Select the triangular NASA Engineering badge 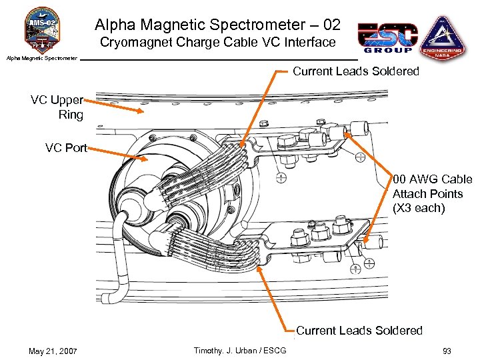point(441,37)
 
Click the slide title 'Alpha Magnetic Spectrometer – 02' point(217,25)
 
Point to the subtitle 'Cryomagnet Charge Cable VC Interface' point(217,43)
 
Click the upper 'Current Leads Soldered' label point(356,71)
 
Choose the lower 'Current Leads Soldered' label point(359,330)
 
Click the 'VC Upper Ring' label point(57,107)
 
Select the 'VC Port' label point(66,147)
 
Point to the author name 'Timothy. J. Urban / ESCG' point(239,351)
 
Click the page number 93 point(446,351)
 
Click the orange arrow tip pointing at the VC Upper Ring point(142,111)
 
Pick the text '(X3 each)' point(419,208)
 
